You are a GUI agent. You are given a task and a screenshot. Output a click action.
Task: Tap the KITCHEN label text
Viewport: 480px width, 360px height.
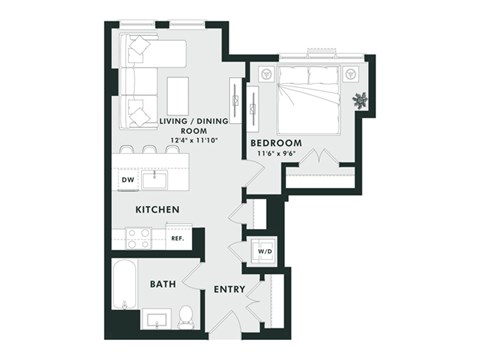click(158, 209)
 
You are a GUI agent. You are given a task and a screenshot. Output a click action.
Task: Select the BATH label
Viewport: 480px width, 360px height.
click(163, 284)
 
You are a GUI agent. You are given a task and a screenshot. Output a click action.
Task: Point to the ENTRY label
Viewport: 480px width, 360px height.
click(231, 290)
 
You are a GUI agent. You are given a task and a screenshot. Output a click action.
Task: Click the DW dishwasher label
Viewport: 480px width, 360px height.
click(128, 181)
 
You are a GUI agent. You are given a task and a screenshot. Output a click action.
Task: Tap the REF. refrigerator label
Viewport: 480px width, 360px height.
click(177, 239)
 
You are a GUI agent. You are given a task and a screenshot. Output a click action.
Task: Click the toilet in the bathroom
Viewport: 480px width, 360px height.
click(186, 319)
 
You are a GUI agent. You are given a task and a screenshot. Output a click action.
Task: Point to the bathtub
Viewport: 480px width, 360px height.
click(124, 288)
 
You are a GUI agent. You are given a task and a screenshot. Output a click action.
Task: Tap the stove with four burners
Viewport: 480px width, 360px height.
click(138, 238)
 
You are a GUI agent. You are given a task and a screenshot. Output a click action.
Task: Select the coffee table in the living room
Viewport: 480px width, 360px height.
click(178, 94)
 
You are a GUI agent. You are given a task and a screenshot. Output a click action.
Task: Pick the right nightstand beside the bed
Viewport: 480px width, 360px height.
click(351, 74)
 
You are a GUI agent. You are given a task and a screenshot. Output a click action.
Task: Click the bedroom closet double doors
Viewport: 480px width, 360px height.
click(318, 157)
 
